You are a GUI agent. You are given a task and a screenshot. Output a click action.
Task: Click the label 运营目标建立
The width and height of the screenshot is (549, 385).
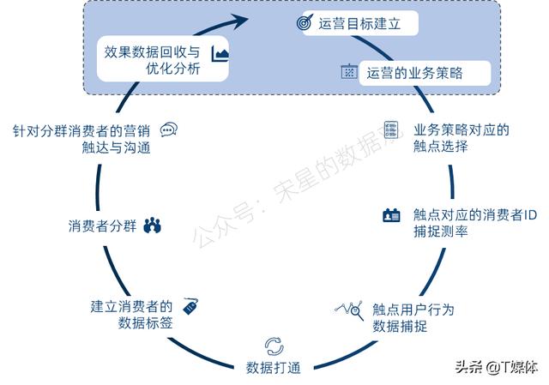point(359,24)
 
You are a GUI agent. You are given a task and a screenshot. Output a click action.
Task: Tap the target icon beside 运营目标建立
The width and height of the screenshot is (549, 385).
point(305,22)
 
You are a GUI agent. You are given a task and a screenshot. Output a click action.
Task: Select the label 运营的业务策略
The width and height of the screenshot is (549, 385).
point(414,73)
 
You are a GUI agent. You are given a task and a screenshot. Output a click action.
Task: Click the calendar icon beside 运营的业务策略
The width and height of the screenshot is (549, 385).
point(349,71)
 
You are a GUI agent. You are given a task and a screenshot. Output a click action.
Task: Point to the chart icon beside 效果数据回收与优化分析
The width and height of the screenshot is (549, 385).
point(220,53)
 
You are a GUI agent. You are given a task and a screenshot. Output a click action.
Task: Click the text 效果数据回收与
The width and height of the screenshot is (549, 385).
point(152,52)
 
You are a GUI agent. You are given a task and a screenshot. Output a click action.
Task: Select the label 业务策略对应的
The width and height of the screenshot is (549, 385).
point(462,129)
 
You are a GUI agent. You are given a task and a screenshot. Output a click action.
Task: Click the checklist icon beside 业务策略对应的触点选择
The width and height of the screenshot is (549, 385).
point(391,129)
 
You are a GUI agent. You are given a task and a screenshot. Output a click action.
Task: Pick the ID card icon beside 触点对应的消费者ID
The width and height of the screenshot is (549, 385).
point(391,215)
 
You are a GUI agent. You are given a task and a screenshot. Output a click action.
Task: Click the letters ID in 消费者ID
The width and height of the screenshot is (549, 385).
point(530,215)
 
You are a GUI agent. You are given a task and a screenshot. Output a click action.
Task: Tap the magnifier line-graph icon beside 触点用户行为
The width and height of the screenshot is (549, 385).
point(349,310)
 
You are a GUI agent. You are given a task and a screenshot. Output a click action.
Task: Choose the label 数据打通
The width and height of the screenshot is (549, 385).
point(274,368)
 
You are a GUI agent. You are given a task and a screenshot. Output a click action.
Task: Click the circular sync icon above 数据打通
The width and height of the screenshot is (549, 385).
point(274,346)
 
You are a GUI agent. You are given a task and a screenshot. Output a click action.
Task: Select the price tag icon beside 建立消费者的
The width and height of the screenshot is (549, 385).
point(190,306)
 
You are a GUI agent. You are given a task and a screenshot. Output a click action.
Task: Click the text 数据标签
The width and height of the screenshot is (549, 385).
point(145,322)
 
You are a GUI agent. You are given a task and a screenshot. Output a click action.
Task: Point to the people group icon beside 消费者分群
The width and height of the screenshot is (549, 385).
point(153,226)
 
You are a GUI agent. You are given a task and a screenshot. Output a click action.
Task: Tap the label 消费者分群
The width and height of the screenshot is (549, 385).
point(102,226)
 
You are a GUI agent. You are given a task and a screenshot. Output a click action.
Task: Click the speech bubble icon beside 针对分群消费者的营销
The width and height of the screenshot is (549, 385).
point(169,129)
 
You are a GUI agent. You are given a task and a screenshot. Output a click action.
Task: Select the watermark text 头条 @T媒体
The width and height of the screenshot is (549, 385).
point(497,367)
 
